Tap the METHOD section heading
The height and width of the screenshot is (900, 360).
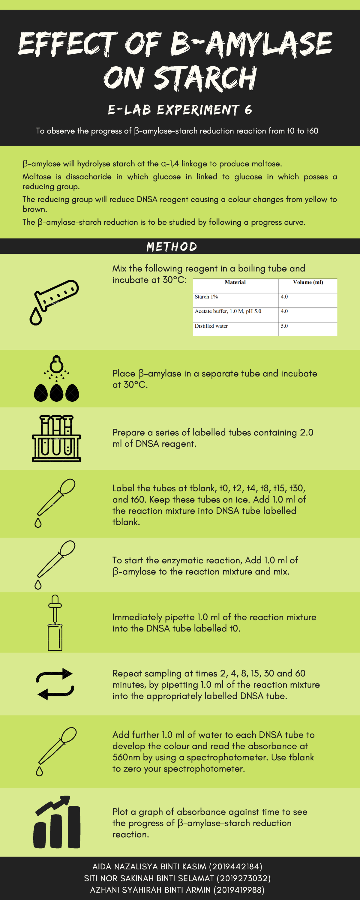coord(172,247)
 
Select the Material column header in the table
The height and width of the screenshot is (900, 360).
coord(235,282)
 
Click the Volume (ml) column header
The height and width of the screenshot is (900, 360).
coord(307,282)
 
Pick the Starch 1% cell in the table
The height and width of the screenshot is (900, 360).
coord(206,297)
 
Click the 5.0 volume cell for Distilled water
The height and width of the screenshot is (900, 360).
coord(284,326)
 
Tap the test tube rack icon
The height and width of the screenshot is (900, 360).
coord(56,439)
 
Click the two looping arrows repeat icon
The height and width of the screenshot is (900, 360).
coord(55,684)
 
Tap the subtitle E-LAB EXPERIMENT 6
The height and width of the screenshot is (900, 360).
coord(180,110)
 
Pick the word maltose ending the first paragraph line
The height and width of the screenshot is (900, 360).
coord(266,164)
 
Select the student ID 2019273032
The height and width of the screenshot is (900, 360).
coord(244,878)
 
